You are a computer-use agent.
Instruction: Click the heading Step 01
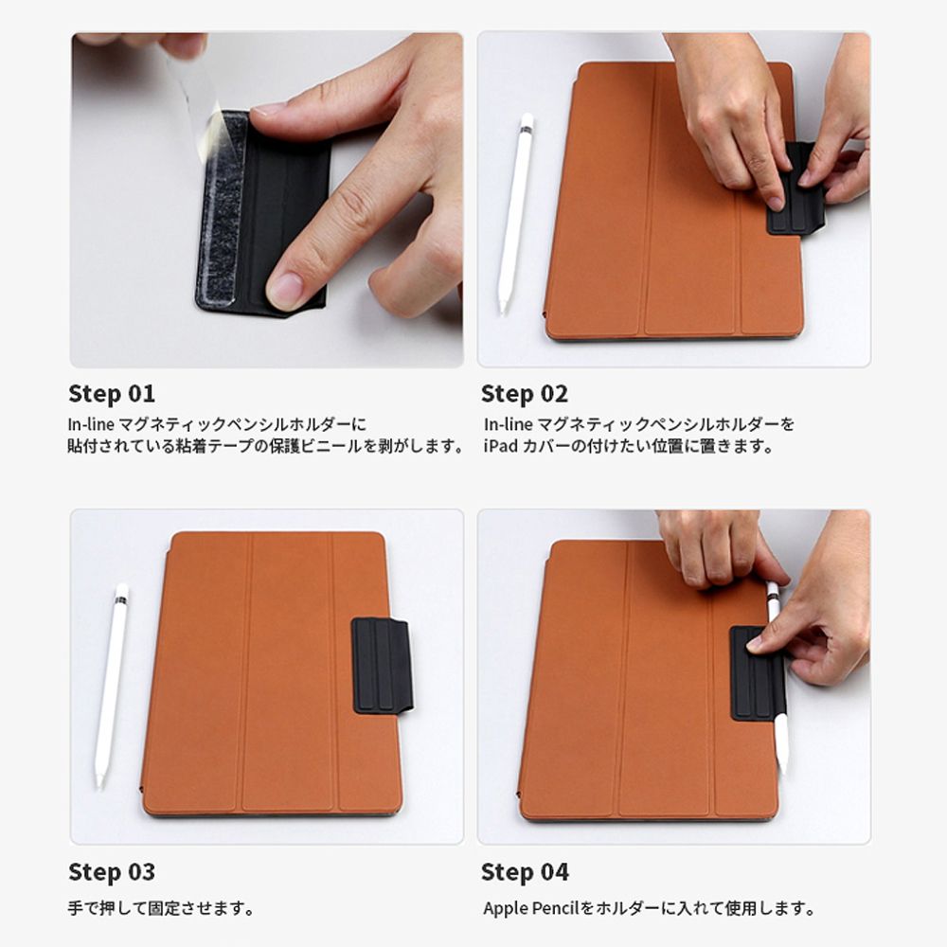tap(112, 394)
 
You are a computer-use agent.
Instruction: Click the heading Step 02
tap(525, 394)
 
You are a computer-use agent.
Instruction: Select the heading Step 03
tap(112, 872)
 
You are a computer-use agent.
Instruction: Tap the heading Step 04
tap(525, 872)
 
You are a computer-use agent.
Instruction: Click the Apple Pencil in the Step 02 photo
tap(515, 212)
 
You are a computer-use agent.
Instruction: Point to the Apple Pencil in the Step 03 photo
tap(113, 686)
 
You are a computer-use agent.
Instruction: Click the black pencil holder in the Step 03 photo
tap(382, 665)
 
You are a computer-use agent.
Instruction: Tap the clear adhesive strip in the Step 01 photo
tap(223, 208)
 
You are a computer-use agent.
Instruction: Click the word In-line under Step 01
tap(91, 424)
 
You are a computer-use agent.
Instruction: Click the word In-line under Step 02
tap(506, 424)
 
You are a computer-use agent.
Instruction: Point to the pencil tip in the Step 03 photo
tap(99, 784)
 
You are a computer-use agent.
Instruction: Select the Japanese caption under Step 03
tap(161, 908)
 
